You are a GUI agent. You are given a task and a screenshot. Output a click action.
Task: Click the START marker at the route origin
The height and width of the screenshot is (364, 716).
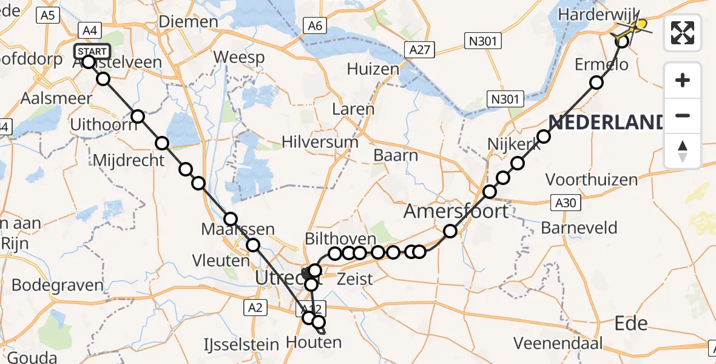click(92, 51)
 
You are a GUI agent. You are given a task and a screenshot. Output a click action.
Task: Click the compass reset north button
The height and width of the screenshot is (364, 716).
click(683, 151)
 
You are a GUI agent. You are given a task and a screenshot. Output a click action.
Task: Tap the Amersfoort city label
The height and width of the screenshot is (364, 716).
click(456, 211)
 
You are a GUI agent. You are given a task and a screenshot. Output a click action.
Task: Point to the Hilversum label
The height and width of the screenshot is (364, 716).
click(320, 143)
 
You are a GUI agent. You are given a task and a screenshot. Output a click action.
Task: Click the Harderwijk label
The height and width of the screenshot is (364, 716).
click(587, 14)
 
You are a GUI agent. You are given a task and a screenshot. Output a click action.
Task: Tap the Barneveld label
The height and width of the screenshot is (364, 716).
click(579, 228)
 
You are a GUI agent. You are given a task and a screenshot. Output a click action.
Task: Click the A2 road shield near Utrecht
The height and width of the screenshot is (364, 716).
click(255, 308)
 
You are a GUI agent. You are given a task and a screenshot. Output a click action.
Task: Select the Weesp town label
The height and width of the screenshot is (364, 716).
click(239, 58)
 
